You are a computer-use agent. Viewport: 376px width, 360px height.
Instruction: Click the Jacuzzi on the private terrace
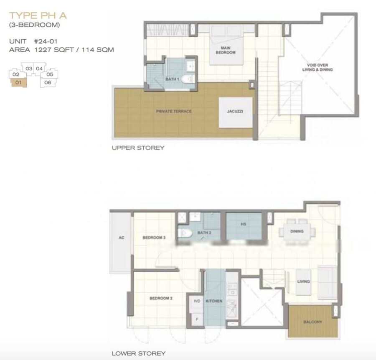(236, 112)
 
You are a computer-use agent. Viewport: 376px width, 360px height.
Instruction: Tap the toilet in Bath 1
(188, 79)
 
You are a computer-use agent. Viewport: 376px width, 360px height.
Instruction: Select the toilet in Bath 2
(185, 233)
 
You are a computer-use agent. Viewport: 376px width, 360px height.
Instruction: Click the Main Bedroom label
(226, 50)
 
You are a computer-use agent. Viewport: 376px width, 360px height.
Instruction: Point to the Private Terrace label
(174, 111)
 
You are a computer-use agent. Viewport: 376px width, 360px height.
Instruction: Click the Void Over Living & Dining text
(317, 67)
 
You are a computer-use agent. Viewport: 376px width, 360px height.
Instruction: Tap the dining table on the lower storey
(297, 232)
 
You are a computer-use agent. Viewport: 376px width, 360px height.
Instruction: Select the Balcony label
(312, 322)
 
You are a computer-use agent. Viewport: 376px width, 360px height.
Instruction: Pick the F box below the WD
(198, 319)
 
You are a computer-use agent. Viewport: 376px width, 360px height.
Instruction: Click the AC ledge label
(121, 237)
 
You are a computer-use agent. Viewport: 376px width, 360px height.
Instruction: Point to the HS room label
(243, 224)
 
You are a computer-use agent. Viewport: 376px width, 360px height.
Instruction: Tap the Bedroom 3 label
(154, 237)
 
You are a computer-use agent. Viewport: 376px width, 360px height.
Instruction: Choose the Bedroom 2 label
(161, 298)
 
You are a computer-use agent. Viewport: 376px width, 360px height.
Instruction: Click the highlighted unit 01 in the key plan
(18, 83)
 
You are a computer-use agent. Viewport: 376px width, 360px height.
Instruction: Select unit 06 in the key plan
(48, 82)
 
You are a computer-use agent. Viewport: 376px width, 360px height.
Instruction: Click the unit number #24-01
(46, 41)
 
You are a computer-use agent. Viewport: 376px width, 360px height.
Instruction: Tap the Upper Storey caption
(138, 148)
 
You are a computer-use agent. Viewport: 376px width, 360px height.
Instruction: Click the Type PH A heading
(38, 15)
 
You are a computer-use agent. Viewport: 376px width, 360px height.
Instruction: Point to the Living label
(303, 281)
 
